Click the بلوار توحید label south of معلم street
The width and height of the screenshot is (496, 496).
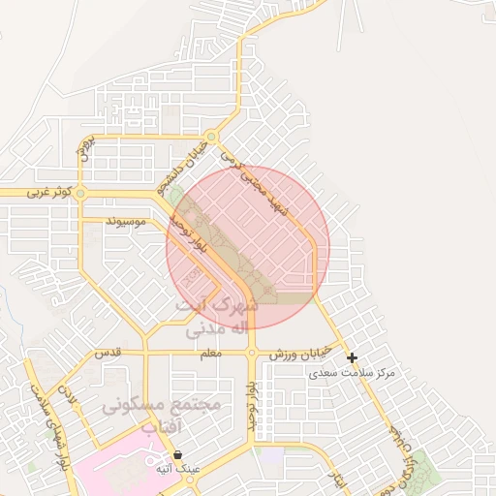251,404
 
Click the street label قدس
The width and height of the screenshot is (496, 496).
108,354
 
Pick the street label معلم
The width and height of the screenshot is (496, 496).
208,354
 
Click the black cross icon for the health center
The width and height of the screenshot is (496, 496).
352,358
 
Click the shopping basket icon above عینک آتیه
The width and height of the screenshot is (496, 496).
177,454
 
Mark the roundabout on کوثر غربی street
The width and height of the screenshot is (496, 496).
80,194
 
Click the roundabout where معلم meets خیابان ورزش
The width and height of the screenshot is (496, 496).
251,354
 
